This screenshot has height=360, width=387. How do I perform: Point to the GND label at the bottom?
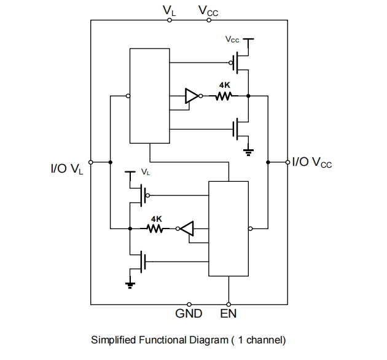click(189, 314)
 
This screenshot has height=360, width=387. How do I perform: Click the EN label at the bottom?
click(229, 314)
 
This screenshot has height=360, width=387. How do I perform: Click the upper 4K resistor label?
click(225, 85)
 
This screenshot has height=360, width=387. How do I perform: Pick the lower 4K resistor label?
click(157, 218)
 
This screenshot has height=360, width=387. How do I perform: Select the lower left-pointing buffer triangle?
click(187, 229)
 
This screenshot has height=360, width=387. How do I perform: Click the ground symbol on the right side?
click(248, 149)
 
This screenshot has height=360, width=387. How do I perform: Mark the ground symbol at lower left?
click(130, 283)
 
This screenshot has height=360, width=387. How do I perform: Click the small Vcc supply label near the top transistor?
click(232, 39)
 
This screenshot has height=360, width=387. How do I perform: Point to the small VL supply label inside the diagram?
click(145, 173)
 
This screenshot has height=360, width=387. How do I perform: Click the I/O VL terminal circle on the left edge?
click(91, 162)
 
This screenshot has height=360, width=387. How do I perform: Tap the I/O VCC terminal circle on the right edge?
click(287, 162)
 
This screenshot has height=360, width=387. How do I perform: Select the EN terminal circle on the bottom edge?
click(229, 304)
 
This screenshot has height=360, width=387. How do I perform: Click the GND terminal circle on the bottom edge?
click(189, 304)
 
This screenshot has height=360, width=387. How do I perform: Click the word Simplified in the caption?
click(112, 340)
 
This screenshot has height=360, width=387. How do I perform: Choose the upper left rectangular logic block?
click(149, 96)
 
